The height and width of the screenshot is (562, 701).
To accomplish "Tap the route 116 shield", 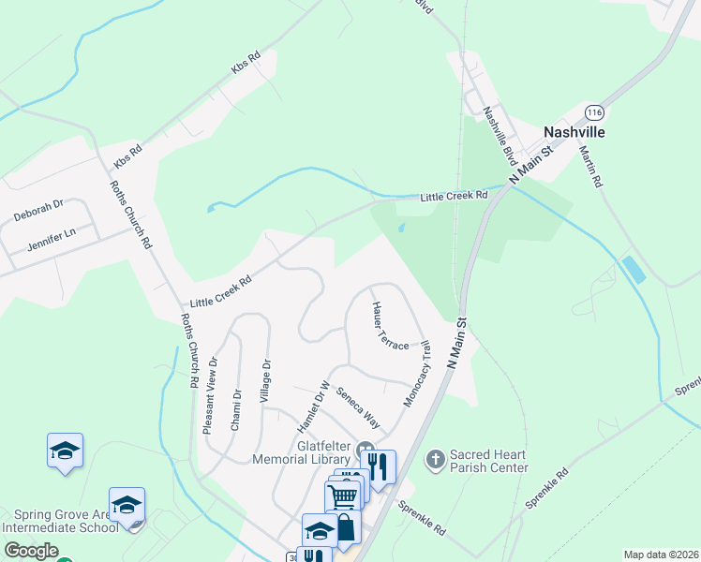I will [x=593, y=112].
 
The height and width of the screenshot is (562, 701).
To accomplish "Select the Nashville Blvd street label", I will [x=500, y=132].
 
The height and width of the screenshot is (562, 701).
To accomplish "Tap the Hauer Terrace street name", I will [x=390, y=326].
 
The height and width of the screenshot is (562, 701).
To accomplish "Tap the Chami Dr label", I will [x=237, y=407].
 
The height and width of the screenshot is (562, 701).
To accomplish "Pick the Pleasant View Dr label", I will [x=210, y=394].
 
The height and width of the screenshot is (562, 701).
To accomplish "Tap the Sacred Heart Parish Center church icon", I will [x=435, y=459].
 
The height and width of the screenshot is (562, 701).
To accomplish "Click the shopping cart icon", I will [x=344, y=495].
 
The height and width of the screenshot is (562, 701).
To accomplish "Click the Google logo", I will [x=30, y=552].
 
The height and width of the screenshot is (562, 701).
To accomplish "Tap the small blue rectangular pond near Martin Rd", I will [x=634, y=270].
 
